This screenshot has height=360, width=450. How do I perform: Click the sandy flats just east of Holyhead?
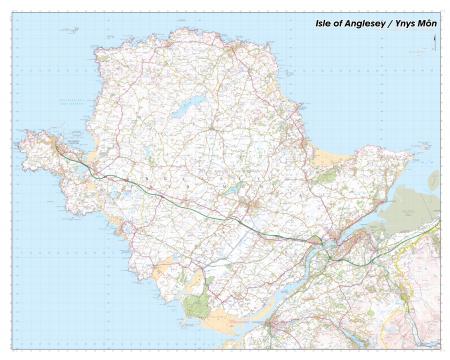[92, 158]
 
